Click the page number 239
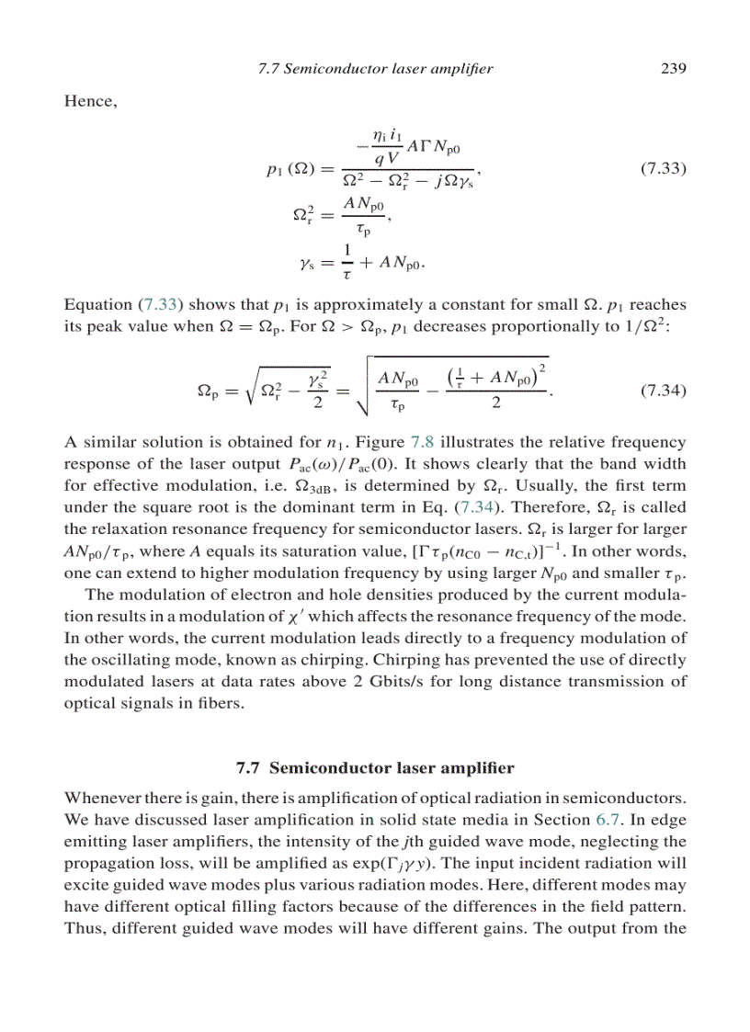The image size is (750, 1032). point(674,68)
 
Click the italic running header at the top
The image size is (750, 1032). point(372,68)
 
